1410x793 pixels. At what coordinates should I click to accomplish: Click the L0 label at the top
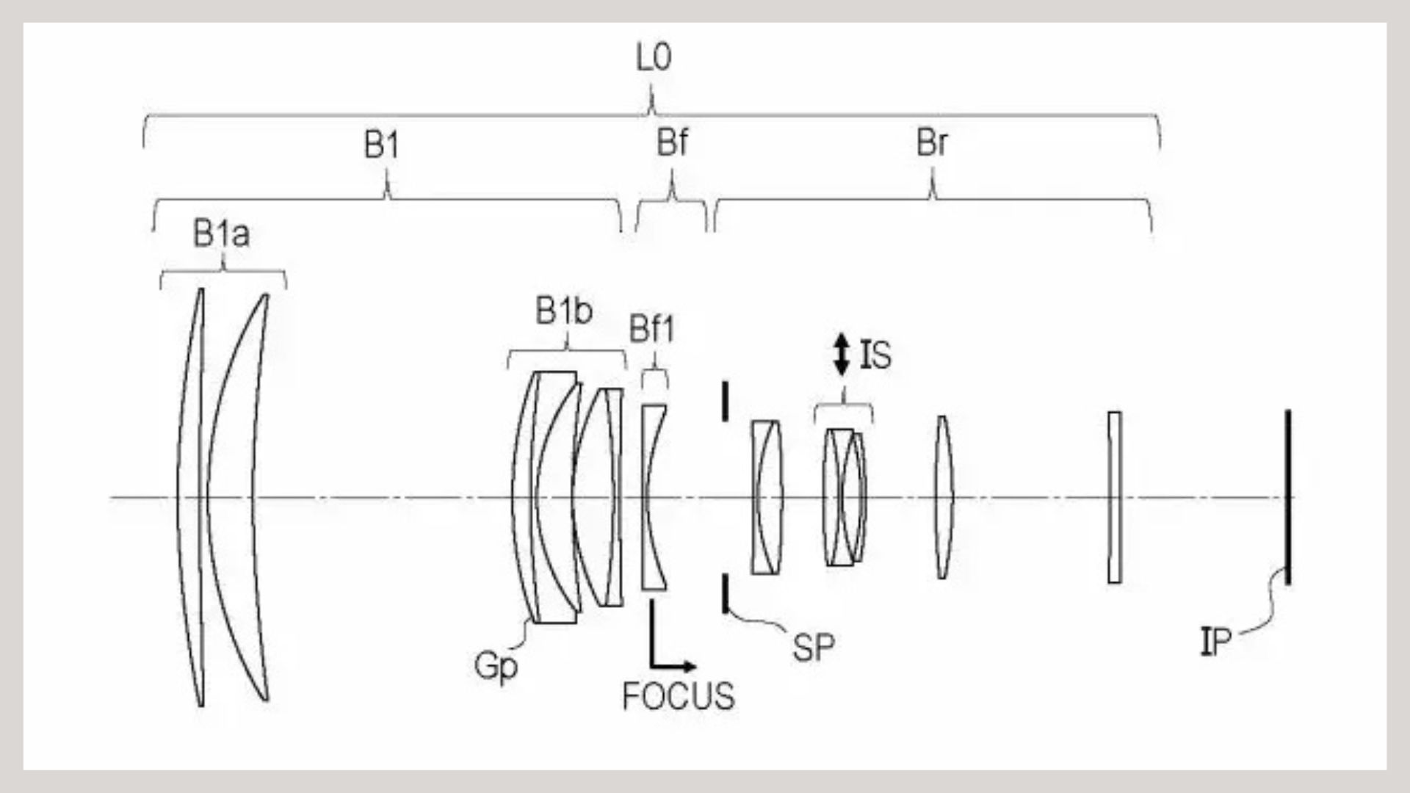pos(654,58)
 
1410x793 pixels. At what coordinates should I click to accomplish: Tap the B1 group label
pos(382,146)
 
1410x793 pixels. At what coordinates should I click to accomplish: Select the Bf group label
pos(673,145)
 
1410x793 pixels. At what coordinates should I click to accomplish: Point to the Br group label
pos(932,144)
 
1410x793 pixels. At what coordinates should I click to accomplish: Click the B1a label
pos(221,235)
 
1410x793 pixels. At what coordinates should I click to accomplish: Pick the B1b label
pos(564,313)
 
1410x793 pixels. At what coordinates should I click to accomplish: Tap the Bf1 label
pos(651,331)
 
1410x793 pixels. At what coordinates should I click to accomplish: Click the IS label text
pos(875,356)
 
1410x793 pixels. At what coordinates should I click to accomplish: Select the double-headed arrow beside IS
pos(842,356)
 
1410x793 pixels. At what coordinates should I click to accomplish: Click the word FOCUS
pos(679,696)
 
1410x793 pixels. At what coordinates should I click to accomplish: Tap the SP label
pos(813,648)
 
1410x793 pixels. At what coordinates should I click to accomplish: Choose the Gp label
pos(496,667)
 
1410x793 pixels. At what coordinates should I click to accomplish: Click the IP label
pos(1215,643)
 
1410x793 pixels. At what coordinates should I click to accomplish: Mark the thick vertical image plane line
pos(1287,497)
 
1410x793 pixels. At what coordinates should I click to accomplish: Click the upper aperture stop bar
pos(726,401)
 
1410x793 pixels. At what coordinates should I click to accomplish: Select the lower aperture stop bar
pos(726,594)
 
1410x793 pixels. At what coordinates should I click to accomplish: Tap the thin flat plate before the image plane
pos(1115,497)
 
